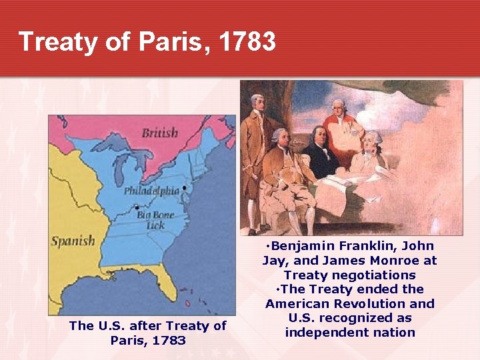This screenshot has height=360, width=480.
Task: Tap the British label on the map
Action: pos(160,133)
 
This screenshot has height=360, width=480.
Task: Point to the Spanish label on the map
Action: pos(73,240)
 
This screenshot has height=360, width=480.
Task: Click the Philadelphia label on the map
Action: pos(151,191)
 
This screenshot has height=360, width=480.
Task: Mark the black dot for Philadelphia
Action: pos(184,188)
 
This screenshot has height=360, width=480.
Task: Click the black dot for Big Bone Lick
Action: pos(137,207)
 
